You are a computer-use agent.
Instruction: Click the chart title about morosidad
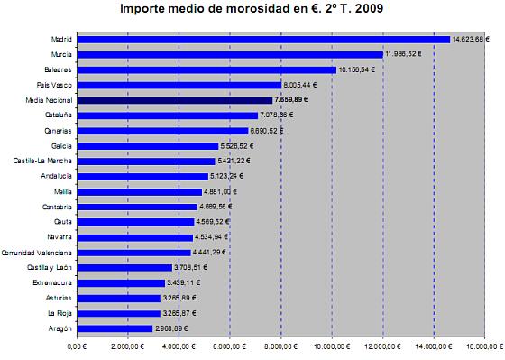[x=252, y=9]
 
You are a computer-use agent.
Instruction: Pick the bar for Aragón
[x=115, y=328]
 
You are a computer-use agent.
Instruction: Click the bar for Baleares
[x=207, y=69]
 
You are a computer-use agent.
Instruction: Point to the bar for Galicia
[x=148, y=145]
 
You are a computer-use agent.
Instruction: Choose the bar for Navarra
[x=135, y=237]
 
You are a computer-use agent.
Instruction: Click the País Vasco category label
[x=56, y=85]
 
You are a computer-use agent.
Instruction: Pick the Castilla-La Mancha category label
[x=43, y=161]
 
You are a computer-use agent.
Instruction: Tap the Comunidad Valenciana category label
[x=38, y=253]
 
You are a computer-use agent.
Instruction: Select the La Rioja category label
[x=59, y=313]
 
